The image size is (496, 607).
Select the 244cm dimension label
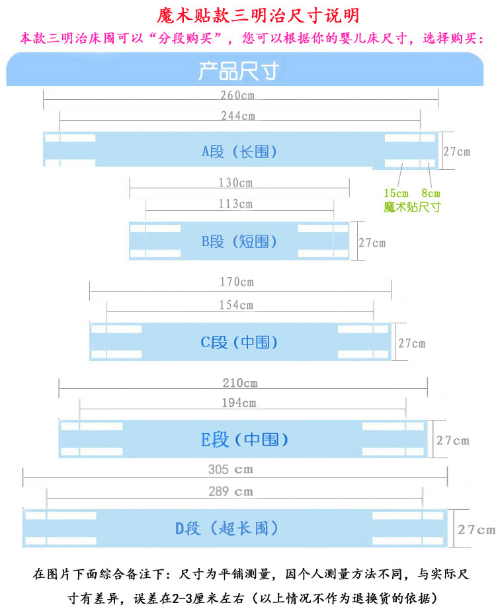[238, 116]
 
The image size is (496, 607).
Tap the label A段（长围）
[239, 151]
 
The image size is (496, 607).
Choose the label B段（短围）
[239, 241]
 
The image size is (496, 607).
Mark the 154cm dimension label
[237, 304]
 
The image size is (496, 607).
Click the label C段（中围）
[239, 342]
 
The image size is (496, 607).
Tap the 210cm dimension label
[240, 383]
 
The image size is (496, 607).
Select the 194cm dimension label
[239, 402]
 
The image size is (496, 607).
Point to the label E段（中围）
[245, 439]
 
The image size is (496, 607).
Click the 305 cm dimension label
[230, 469]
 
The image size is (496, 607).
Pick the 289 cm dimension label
[230, 491]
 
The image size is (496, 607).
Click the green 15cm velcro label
[396, 194]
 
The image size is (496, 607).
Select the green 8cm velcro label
[431, 194]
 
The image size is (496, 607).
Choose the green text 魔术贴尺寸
[412, 207]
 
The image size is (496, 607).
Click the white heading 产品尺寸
[238, 71]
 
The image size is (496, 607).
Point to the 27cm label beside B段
[372, 243]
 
